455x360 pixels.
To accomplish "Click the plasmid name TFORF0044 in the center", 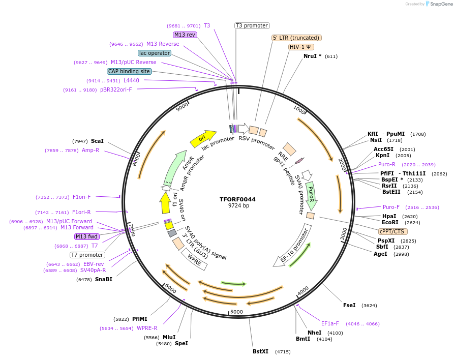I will (x=237, y=199).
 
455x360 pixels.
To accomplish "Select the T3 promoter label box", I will (x=252, y=25).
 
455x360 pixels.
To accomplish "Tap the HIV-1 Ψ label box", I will (x=301, y=47).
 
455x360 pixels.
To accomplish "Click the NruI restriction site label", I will (x=312, y=56).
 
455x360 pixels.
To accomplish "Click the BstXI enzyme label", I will (x=260, y=351).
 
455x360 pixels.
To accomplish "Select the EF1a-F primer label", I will (x=331, y=323).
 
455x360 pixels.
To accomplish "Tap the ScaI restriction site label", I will (x=97, y=141).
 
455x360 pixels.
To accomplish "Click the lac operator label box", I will (x=155, y=53).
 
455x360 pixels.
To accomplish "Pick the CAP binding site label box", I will (x=129, y=71).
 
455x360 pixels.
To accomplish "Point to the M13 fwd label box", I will (x=87, y=236).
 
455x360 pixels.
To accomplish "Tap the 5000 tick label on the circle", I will (x=237, y=312).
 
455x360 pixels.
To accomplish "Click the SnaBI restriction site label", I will (x=103, y=279).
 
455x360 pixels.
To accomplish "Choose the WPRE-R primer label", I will (x=147, y=328).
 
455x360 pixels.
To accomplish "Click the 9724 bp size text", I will (x=238, y=206).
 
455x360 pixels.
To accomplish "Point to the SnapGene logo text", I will (x=441, y=4).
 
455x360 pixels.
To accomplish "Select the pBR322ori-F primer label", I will (x=116, y=90).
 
